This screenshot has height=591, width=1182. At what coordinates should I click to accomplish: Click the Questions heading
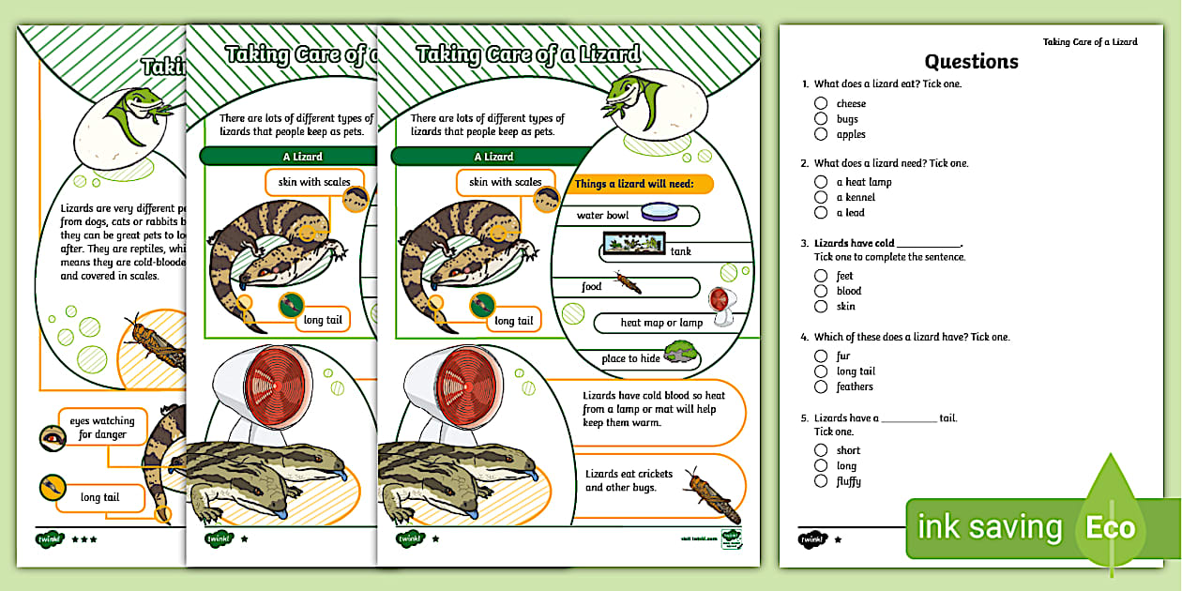(x=971, y=62)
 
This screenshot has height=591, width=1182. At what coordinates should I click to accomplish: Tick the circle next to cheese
(x=821, y=103)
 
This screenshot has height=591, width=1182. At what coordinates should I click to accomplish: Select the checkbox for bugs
(x=821, y=119)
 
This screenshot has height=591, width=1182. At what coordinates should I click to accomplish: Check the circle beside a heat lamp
(x=821, y=182)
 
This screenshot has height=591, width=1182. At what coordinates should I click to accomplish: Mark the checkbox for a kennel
(x=821, y=197)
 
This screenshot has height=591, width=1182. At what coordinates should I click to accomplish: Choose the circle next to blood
(x=821, y=291)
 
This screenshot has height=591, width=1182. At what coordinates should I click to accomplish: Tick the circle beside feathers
(x=821, y=386)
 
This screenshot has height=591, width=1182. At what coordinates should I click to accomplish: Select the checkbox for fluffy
(x=821, y=481)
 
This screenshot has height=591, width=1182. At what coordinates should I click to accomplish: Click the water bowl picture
(x=659, y=212)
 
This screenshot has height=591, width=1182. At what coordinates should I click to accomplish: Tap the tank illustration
(x=634, y=245)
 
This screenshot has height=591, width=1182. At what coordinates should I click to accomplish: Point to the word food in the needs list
(x=592, y=287)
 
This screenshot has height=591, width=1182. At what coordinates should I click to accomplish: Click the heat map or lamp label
(x=661, y=323)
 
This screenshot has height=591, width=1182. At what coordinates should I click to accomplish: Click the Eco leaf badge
(x=1111, y=526)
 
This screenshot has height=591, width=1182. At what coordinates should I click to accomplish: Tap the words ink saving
(x=989, y=528)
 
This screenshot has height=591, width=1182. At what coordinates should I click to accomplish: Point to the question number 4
(x=804, y=337)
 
